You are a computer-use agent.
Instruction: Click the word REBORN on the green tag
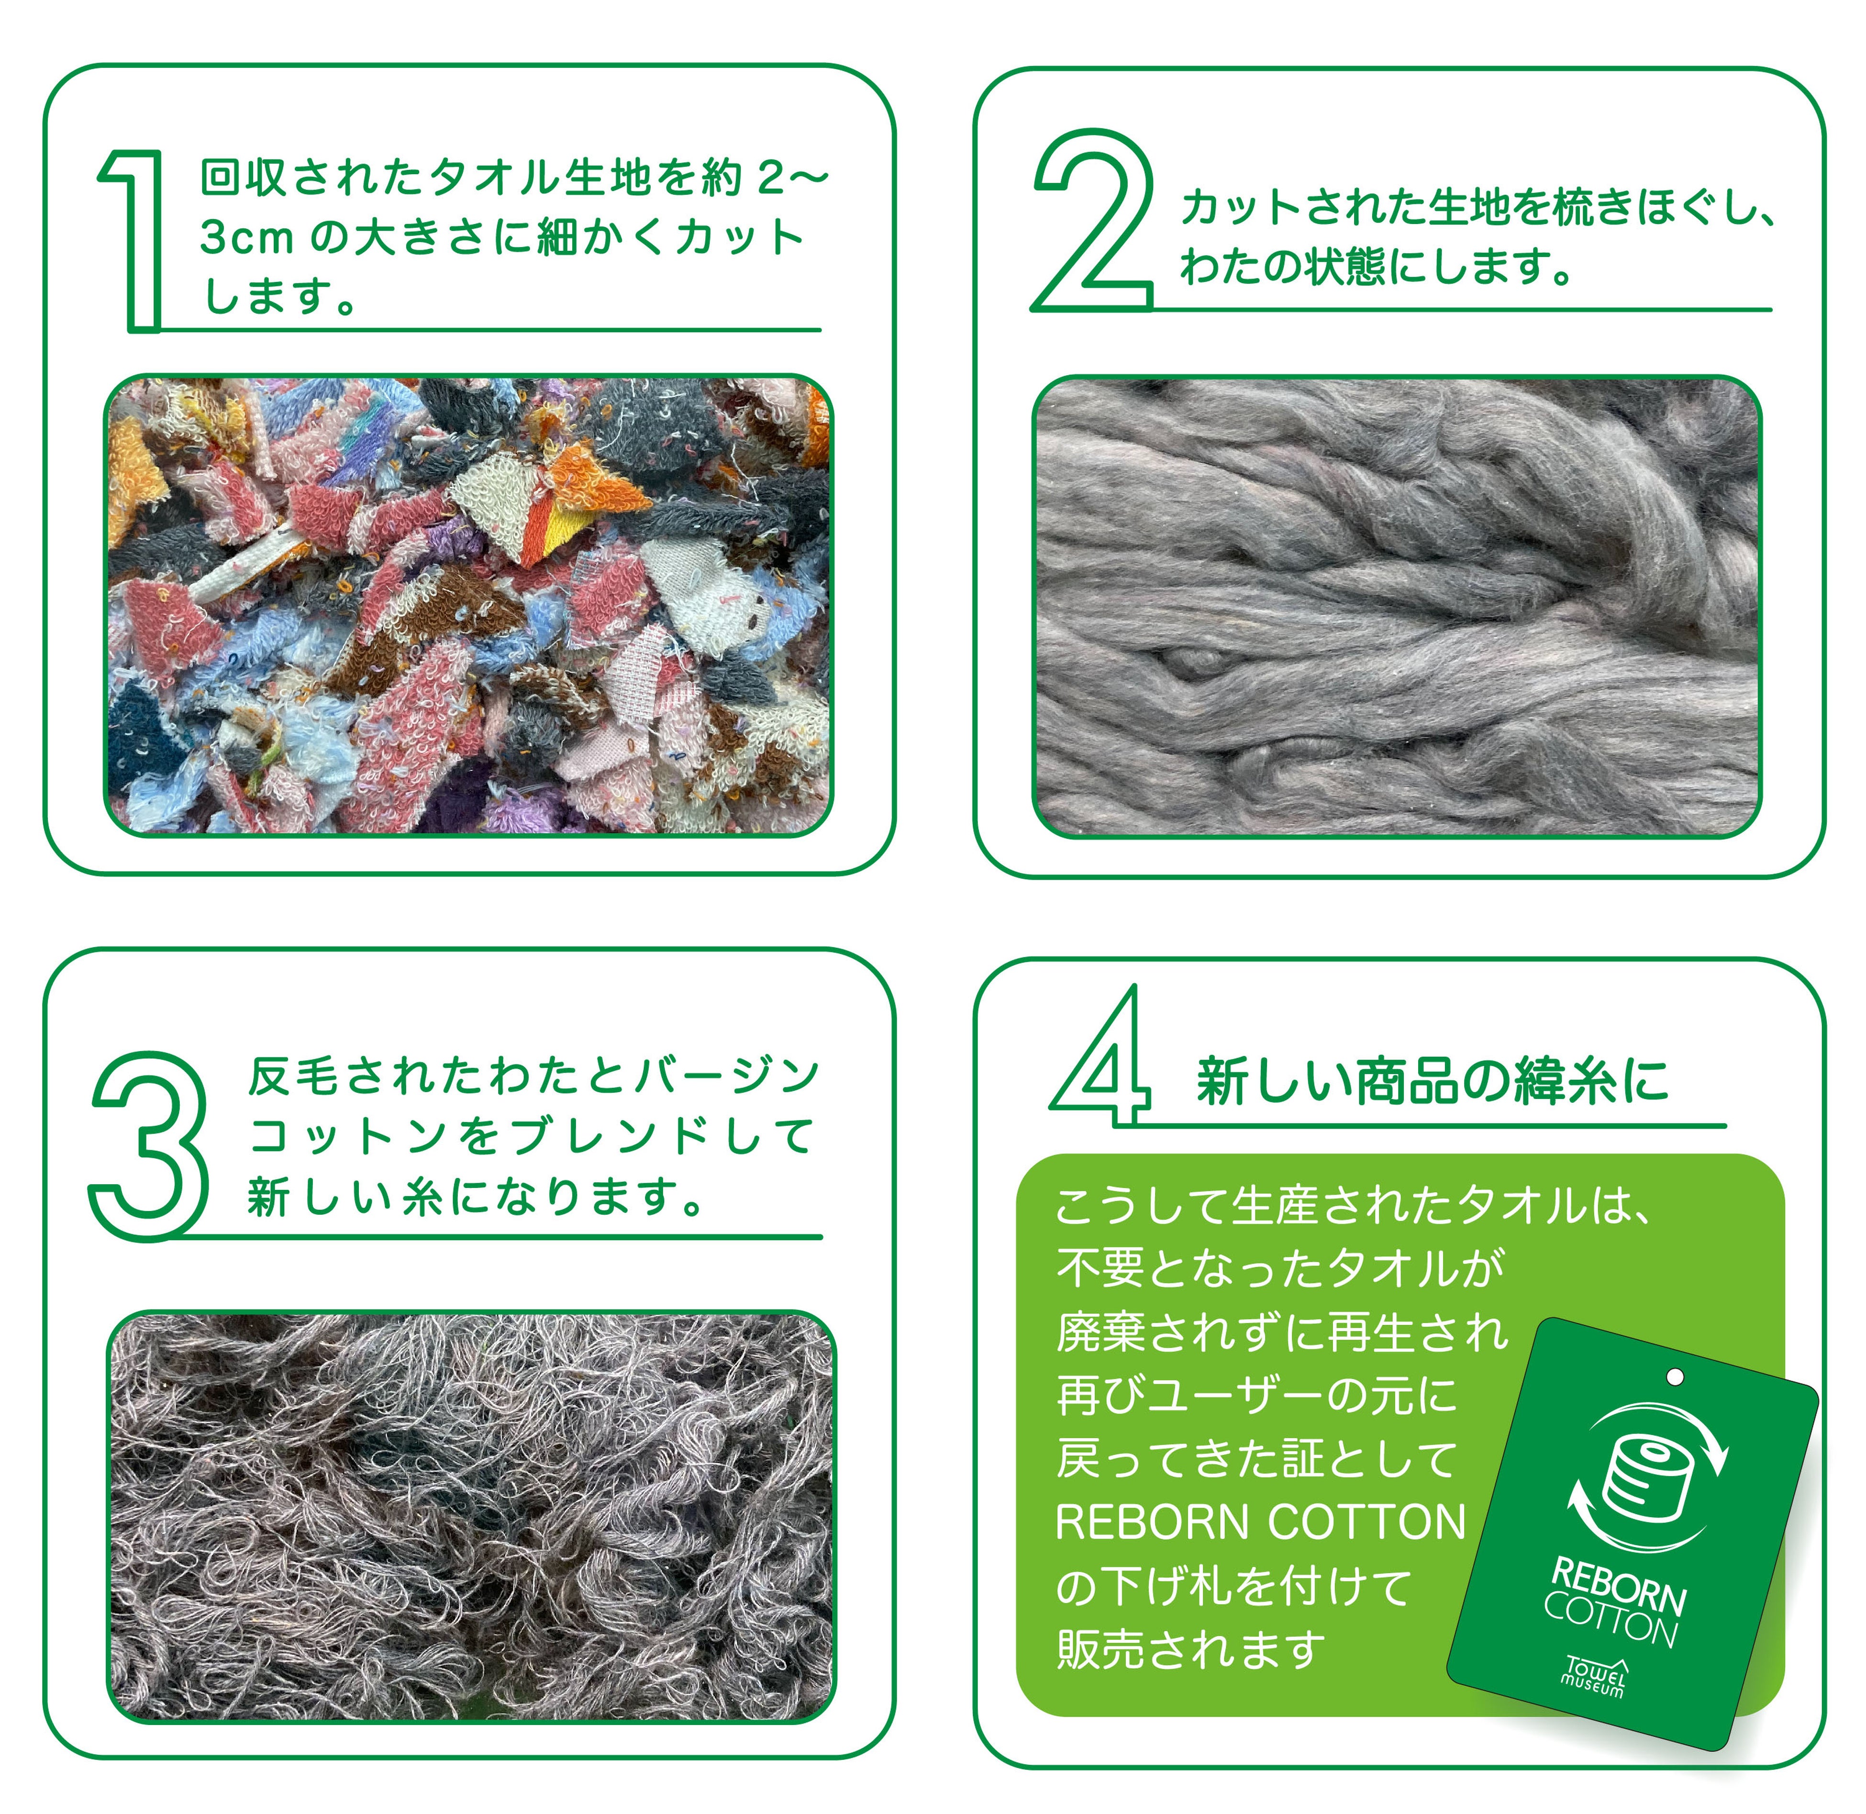pos(1619,1585)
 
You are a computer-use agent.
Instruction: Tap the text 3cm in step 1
pos(246,238)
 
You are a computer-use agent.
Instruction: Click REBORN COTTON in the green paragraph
pos(1260,1523)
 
